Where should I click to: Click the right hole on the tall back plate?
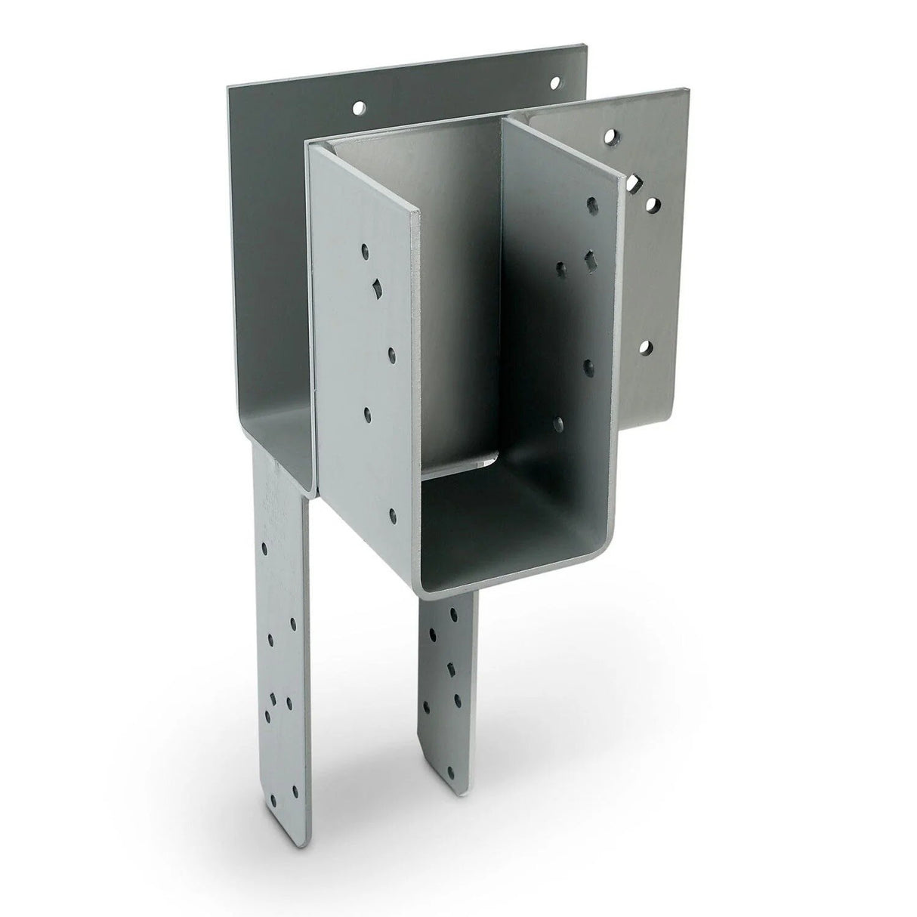point(556,80)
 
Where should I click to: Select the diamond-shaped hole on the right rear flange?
point(631,182)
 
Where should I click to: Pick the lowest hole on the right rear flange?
point(645,347)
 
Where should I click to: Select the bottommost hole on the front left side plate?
point(393,517)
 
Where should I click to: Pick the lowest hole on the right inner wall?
point(560,423)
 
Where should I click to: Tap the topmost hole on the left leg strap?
point(264,545)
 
